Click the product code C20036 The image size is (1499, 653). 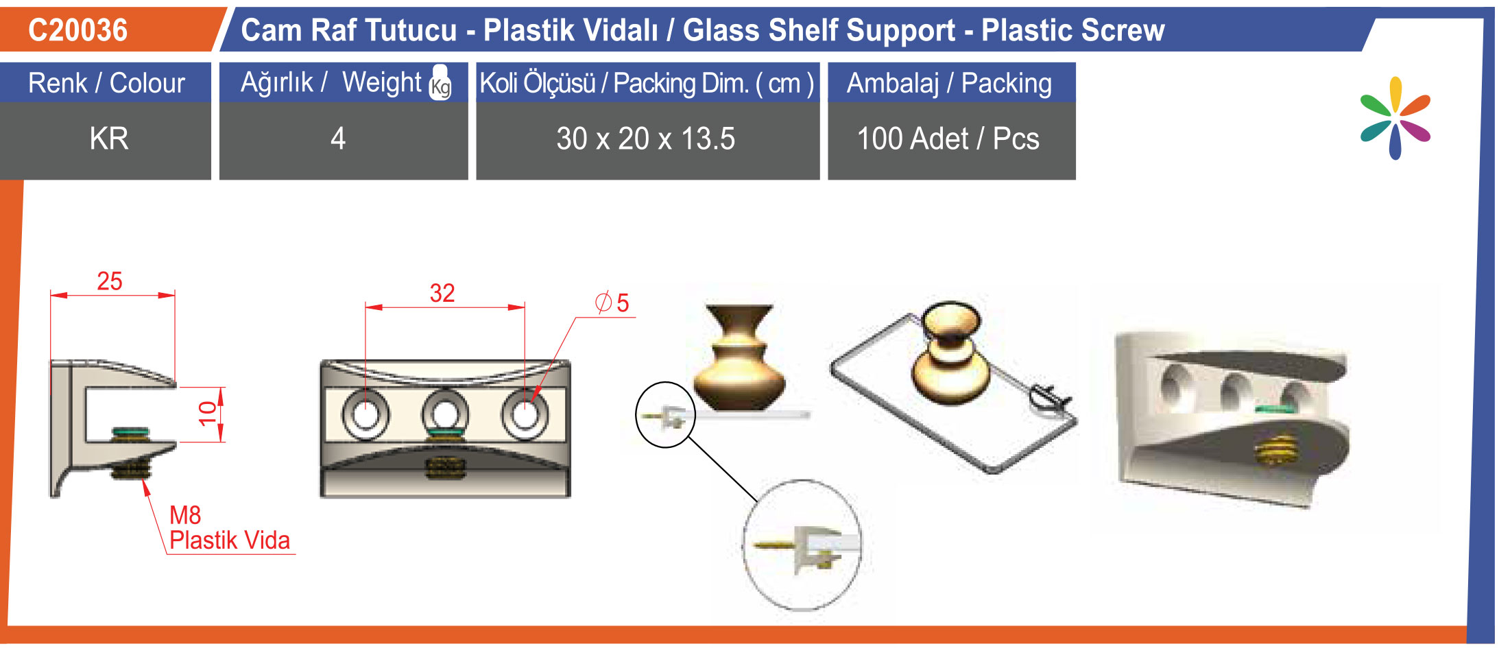[x=78, y=30]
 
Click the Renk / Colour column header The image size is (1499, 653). [x=106, y=83]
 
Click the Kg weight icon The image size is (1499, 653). [x=440, y=83]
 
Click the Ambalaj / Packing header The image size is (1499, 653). [x=950, y=83]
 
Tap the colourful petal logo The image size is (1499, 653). [x=1395, y=118]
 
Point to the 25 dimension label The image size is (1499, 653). [x=110, y=281]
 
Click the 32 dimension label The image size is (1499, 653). [x=442, y=294]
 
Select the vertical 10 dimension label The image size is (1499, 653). [x=207, y=414]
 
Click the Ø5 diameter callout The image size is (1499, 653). [x=612, y=302]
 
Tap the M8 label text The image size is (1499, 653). [x=185, y=515]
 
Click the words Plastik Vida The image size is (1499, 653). [x=230, y=541]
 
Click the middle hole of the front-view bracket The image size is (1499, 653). [x=445, y=414]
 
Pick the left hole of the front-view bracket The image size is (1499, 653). [x=365, y=414]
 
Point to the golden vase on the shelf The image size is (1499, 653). [x=739, y=357]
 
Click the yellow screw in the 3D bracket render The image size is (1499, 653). [x=1276, y=449]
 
